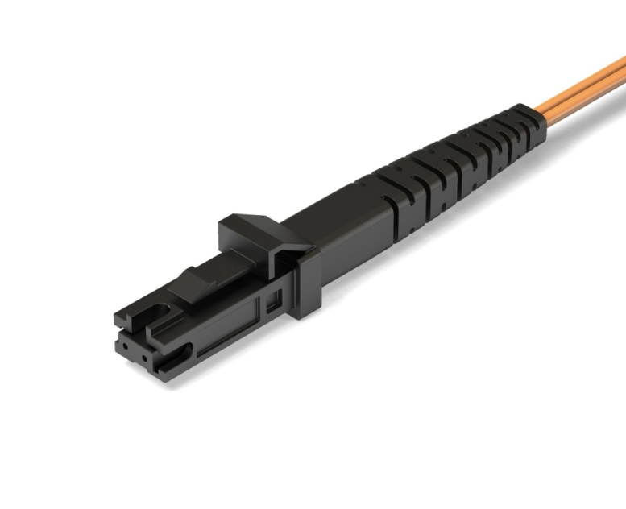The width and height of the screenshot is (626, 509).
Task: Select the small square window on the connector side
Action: pos(272,302)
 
